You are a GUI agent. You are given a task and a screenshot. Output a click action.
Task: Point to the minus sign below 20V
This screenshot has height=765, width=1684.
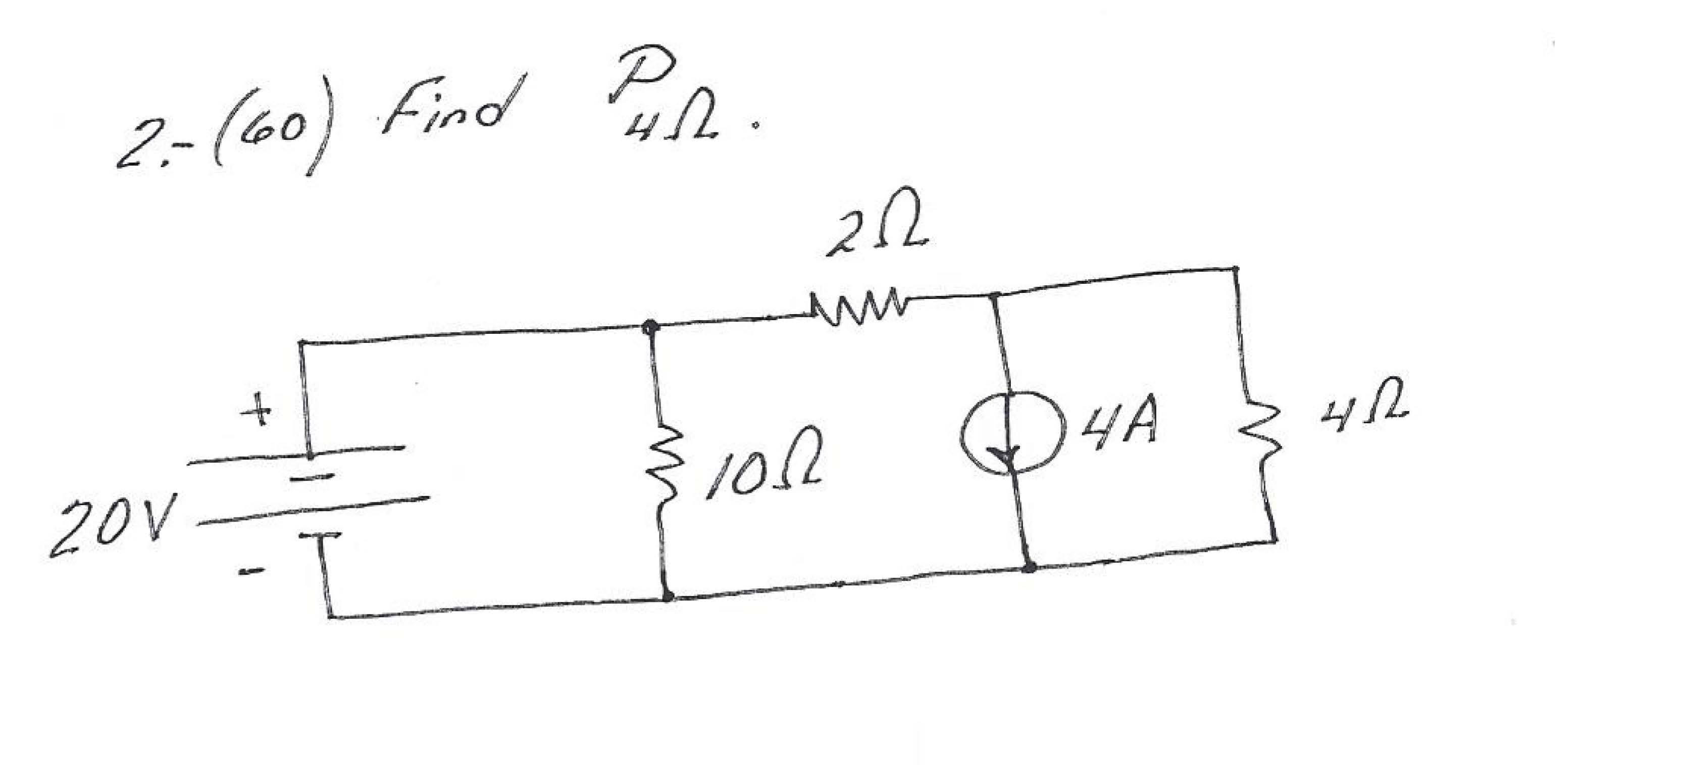pos(251,573)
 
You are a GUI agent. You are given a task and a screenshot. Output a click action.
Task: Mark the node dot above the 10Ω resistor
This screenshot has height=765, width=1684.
pos(649,326)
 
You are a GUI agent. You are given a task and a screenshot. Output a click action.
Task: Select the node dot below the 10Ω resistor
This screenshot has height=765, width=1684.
pos(668,596)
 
